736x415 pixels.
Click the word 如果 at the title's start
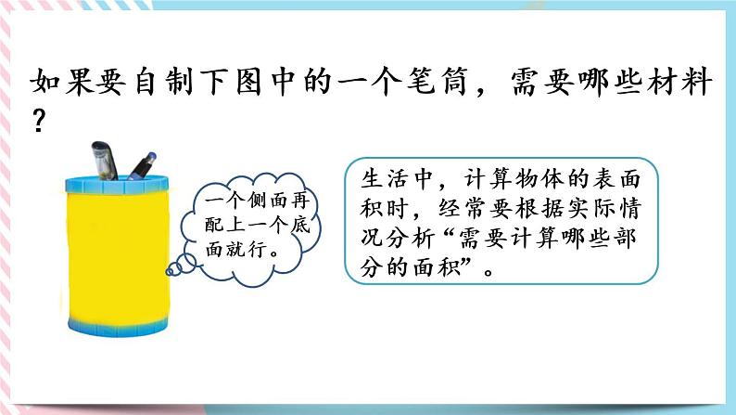57,85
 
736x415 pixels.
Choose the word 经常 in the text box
476,209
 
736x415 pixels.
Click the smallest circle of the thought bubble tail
169,271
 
